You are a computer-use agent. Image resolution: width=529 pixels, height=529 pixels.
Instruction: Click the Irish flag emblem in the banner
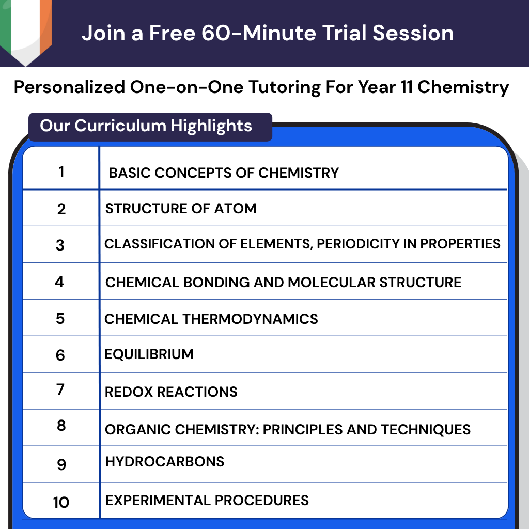click(25, 28)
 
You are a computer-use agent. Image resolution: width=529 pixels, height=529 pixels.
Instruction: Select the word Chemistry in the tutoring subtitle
click(463, 87)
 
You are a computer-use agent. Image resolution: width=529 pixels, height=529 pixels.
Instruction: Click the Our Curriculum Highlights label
click(146, 126)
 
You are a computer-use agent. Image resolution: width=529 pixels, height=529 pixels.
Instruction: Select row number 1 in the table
click(61, 172)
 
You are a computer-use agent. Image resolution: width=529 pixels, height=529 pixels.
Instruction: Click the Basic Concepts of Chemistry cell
click(224, 173)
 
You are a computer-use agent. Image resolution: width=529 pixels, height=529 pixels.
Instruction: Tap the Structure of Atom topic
click(181, 209)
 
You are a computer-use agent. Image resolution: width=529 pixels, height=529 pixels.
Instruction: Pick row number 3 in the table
click(60, 245)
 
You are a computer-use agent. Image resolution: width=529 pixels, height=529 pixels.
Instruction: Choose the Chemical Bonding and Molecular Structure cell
click(283, 283)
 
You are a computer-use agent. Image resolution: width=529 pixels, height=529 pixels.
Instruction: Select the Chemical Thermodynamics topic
click(211, 319)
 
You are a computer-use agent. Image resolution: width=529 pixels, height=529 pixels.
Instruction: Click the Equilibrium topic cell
click(149, 354)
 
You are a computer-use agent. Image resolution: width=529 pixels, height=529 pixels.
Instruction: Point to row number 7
click(60, 390)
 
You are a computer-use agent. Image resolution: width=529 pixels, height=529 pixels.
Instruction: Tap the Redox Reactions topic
click(171, 392)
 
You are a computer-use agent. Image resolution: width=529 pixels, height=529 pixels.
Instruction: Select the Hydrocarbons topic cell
click(165, 461)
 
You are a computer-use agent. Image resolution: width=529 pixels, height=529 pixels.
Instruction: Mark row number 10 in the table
click(61, 502)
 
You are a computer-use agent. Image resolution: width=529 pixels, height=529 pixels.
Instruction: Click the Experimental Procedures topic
click(207, 500)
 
